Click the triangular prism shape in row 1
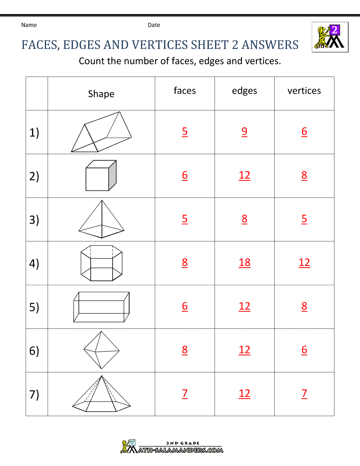coord(101,132)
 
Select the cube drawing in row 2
coord(101,176)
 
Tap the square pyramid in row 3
coord(102,219)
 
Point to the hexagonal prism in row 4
coord(102,263)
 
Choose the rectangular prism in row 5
coord(102,307)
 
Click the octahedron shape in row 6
coord(102,350)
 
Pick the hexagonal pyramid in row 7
coord(102,394)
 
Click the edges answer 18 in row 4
coord(244,263)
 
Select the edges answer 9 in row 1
coord(244,131)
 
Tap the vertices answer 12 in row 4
coord(304,263)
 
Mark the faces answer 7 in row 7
coord(185,393)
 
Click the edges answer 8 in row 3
coord(244,219)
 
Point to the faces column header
coord(185,91)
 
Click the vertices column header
coord(304,91)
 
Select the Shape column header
coord(101,94)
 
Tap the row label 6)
coord(34,351)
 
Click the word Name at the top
coord(29,25)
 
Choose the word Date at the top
coord(154,25)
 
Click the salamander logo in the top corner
coord(330,37)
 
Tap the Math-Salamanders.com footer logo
coord(172,447)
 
